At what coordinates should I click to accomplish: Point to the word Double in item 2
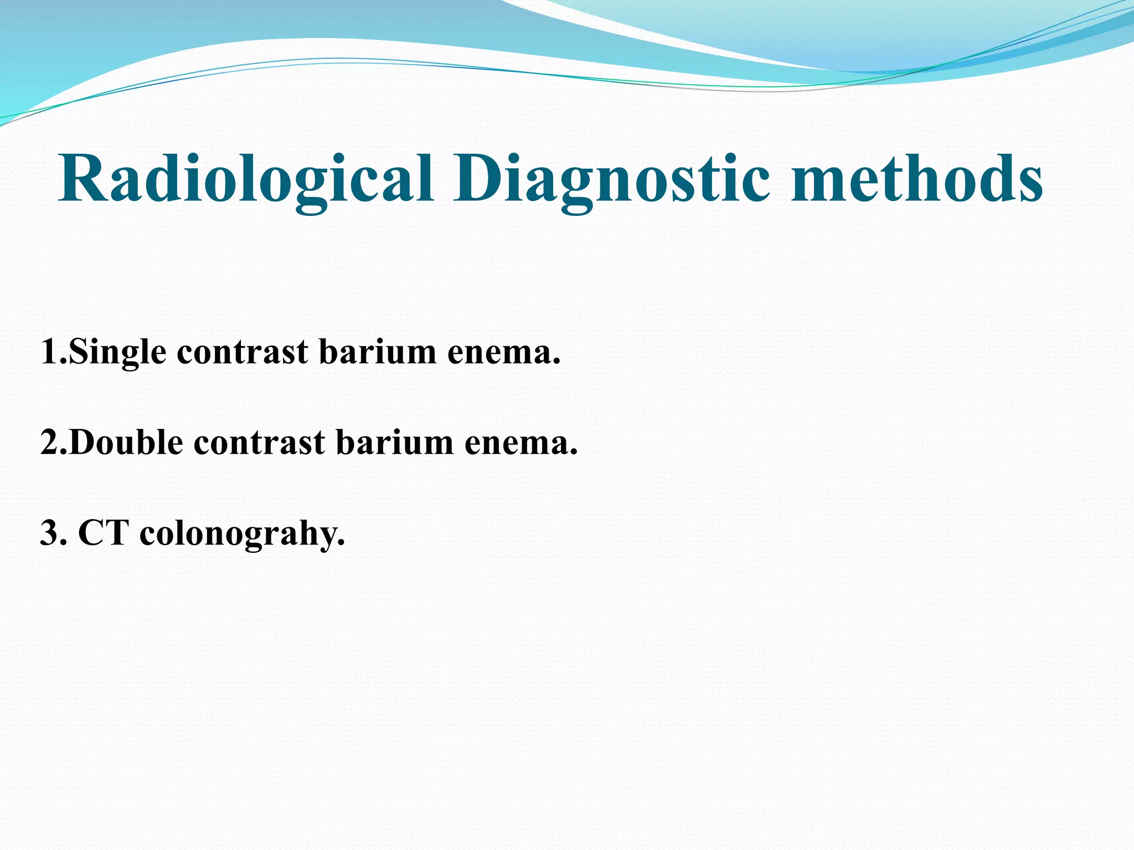pyautogui.click(x=127, y=443)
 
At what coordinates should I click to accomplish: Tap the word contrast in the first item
pyautogui.click(x=243, y=353)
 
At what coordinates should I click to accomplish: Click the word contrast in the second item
pyautogui.click(x=259, y=443)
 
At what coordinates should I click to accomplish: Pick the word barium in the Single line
pyautogui.click(x=378, y=353)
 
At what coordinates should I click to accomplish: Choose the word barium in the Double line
pyautogui.click(x=394, y=443)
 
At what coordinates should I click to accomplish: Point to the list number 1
pyautogui.click(x=50, y=353)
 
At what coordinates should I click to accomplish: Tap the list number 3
pyautogui.click(x=50, y=533)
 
